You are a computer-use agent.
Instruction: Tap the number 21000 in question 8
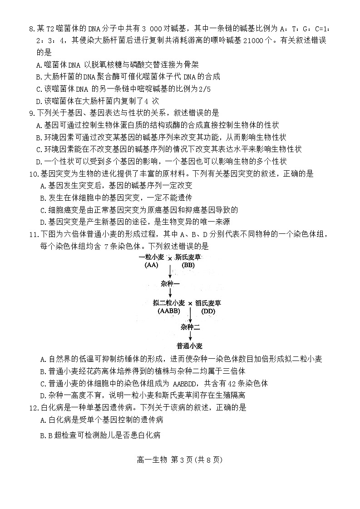click(x=244, y=40)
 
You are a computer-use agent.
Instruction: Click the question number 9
click(x=31, y=113)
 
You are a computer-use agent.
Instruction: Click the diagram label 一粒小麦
click(x=152, y=257)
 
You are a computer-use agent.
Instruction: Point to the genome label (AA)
click(x=151, y=265)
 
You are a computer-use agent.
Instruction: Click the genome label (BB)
click(x=188, y=265)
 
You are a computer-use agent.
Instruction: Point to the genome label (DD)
click(x=208, y=311)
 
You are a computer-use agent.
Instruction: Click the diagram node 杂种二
click(x=190, y=327)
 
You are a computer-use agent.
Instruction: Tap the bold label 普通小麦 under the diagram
click(x=190, y=346)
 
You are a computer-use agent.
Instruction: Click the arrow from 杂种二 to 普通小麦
click(x=190, y=336)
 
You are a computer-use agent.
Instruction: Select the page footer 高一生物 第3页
click(x=180, y=460)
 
